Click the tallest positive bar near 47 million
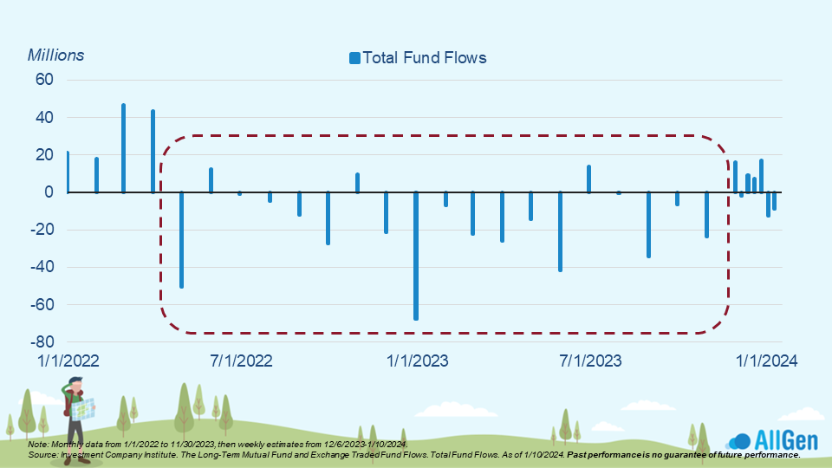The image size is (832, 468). tap(124, 147)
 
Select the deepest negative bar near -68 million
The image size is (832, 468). tap(416, 256)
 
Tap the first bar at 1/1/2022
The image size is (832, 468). tap(67, 172)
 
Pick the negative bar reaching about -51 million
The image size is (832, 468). tap(181, 239)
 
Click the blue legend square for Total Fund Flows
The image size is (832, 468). tap(354, 58)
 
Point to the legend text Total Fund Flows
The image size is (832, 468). tap(425, 58)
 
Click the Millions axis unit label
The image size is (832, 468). tap(56, 55)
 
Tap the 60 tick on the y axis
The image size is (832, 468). tap(44, 80)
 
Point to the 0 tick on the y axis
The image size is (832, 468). tap(49, 192)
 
